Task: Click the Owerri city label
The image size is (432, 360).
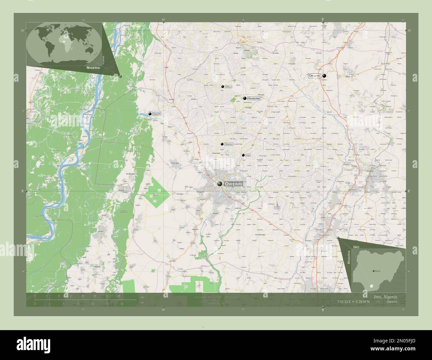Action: (x=234, y=184)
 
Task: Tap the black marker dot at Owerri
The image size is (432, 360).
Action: (x=220, y=184)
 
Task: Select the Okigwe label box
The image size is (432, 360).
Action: (x=314, y=76)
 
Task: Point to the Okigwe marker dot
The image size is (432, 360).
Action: (x=324, y=76)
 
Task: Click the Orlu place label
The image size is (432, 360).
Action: (x=228, y=87)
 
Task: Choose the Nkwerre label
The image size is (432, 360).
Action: (x=254, y=98)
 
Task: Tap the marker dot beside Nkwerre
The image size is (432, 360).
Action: (x=245, y=98)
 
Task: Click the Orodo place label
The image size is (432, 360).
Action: (x=229, y=144)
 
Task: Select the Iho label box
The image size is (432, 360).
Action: (x=248, y=155)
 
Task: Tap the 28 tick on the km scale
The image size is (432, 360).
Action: (x=118, y=296)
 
